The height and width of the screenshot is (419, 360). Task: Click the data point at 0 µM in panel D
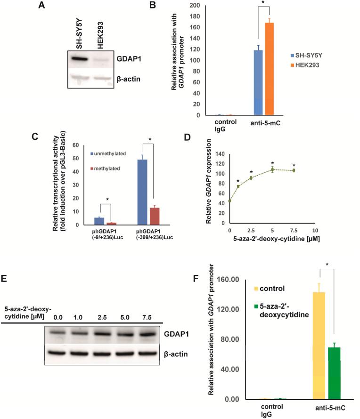point(229,201)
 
